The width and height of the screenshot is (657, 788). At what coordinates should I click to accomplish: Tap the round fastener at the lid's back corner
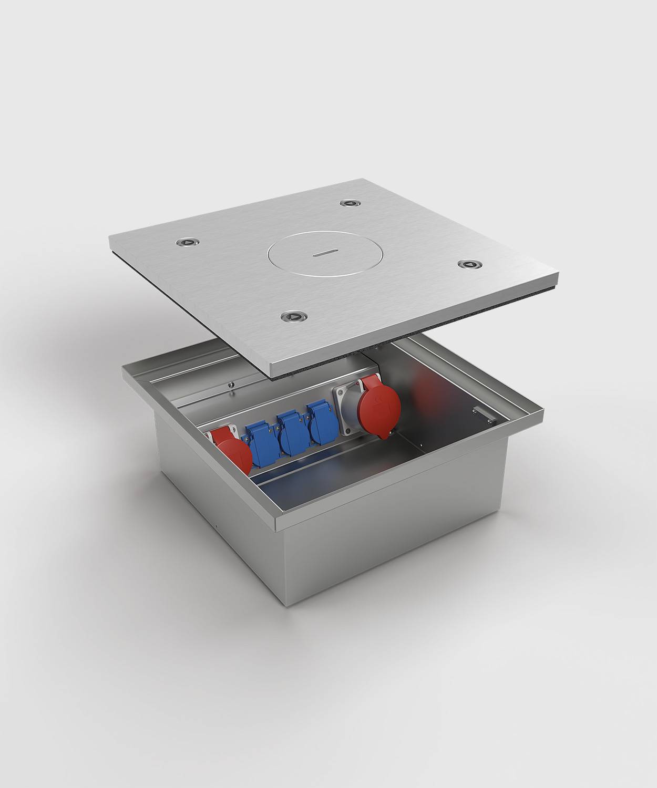[348, 202]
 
